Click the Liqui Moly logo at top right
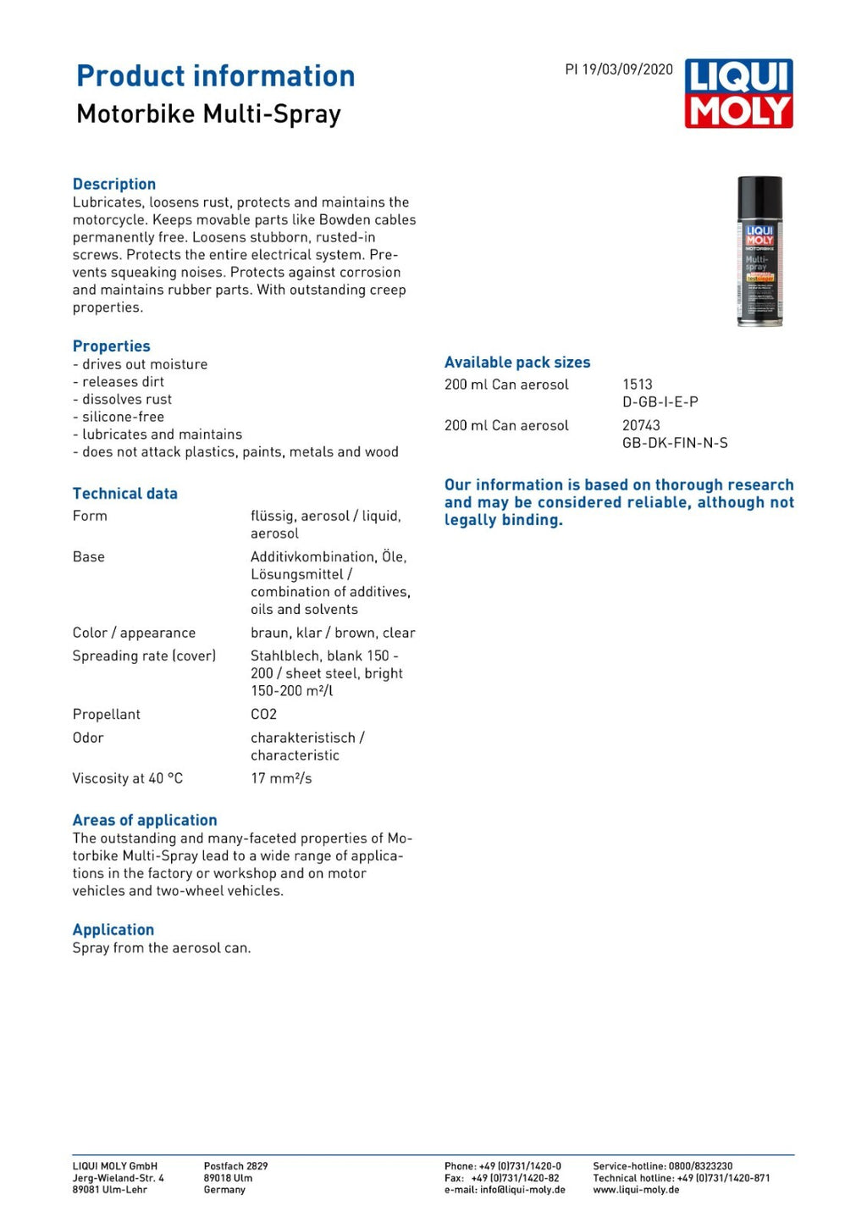[x=738, y=93]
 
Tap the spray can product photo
[x=759, y=251]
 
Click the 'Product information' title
[x=216, y=76]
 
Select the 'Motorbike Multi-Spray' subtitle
[x=208, y=113]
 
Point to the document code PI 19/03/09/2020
[x=619, y=69]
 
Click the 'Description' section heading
[x=114, y=184]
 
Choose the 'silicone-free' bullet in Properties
[x=123, y=417]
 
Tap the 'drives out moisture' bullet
[x=144, y=364]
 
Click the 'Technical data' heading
[x=125, y=494]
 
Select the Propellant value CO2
[x=263, y=714]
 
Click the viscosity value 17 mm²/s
[x=281, y=778]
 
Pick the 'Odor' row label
[x=88, y=738]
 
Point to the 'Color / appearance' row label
[x=134, y=633]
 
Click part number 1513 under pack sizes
[x=638, y=384]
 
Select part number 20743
[x=641, y=425]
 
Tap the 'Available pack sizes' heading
[x=517, y=362]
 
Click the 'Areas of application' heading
[x=145, y=820]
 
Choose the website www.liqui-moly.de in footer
[x=636, y=1190]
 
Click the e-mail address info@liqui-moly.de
[x=522, y=1190]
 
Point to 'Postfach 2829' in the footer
[x=235, y=1166]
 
